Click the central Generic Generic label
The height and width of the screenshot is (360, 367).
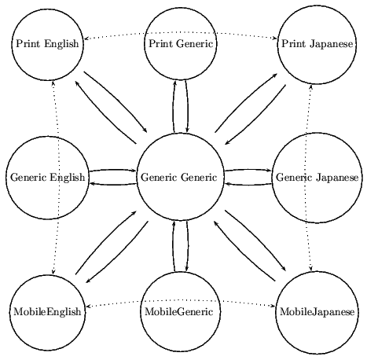[180, 177]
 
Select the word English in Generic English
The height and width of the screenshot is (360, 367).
[69, 177]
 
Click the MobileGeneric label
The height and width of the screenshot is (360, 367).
[180, 311]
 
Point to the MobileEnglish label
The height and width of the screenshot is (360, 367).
[47, 311]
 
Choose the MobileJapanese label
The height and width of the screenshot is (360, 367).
[317, 311]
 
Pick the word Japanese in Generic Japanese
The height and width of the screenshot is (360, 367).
[339, 177]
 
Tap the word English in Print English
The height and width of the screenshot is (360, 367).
[63, 43]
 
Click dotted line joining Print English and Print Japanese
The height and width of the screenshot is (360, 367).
[180, 33]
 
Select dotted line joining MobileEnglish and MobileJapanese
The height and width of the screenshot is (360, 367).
[180, 300]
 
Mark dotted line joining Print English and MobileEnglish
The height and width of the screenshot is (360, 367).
[53, 177]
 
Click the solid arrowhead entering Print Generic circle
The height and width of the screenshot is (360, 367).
[174, 81]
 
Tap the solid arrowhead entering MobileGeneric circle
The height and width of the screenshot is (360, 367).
[186, 271]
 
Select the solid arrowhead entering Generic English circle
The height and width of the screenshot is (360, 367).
[92, 182]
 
